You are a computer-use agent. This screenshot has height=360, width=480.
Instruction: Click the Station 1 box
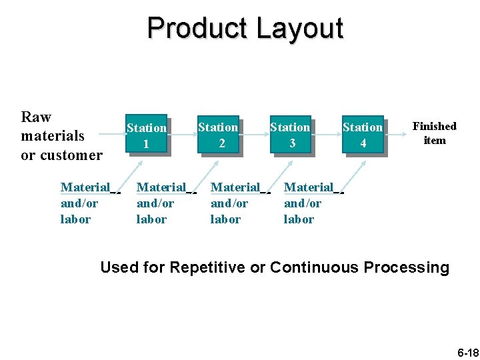(x=146, y=135)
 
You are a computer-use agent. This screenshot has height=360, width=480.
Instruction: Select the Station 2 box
(x=218, y=134)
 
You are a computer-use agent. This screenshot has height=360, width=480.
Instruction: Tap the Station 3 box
(x=290, y=134)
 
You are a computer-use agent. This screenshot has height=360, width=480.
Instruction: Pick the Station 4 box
(x=363, y=134)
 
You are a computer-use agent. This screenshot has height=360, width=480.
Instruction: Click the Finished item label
(x=435, y=133)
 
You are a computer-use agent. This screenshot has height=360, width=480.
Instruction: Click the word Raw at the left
(x=36, y=117)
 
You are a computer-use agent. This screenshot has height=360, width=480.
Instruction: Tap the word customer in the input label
(x=72, y=155)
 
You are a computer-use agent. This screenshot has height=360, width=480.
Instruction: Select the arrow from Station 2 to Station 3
(x=254, y=134)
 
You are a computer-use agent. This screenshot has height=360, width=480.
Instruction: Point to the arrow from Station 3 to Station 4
(x=326, y=134)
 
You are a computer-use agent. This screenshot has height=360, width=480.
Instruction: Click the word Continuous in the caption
(x=314, y=268)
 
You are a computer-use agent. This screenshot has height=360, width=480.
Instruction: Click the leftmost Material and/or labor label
(x=85, y=203)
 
